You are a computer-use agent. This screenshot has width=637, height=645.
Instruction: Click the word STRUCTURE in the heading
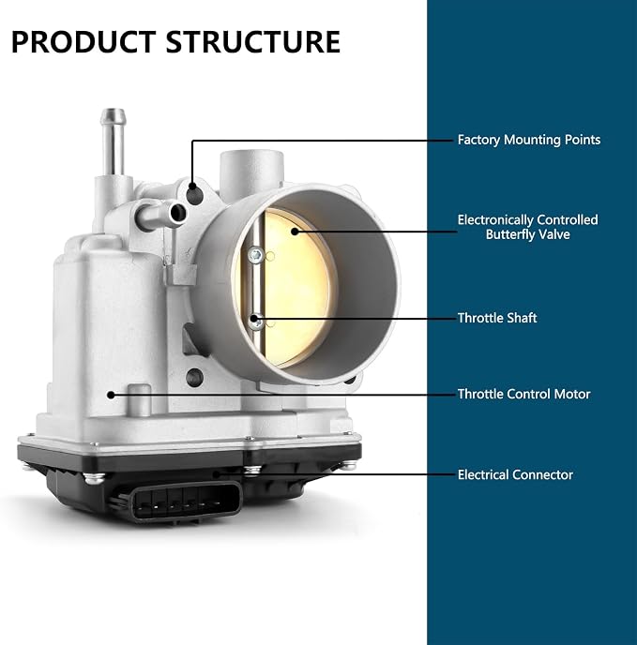(x=252, y=42)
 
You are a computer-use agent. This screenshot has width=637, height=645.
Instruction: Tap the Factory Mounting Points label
(x=529, y=140)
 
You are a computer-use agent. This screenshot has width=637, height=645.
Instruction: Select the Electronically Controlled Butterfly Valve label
(x=527, y=227)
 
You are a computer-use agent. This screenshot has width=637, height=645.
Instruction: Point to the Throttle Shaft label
(x=497, y=318)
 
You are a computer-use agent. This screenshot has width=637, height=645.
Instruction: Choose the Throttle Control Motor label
(x=523, y=394)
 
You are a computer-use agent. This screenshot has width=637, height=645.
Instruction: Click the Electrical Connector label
(x=515, y=474)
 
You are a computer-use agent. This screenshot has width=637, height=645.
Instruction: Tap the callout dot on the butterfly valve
(x=295, y=232)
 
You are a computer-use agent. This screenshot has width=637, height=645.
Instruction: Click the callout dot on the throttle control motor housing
(x=111, y=395)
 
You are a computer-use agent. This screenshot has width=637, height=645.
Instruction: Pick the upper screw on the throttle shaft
(x=256, y=255)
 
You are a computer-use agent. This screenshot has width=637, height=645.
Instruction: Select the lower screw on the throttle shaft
(x=256, y=322)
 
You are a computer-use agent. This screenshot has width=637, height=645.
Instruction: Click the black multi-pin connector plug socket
(x=186, y=502)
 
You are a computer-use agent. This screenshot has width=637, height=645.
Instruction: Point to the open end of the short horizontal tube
(x=178, y=213)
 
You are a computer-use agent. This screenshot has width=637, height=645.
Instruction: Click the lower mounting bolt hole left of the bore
(x=194, y=377)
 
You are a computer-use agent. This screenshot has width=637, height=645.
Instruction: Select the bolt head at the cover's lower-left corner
(x=94, y=477)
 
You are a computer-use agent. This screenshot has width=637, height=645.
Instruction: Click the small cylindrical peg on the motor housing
(x=139, y=399)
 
